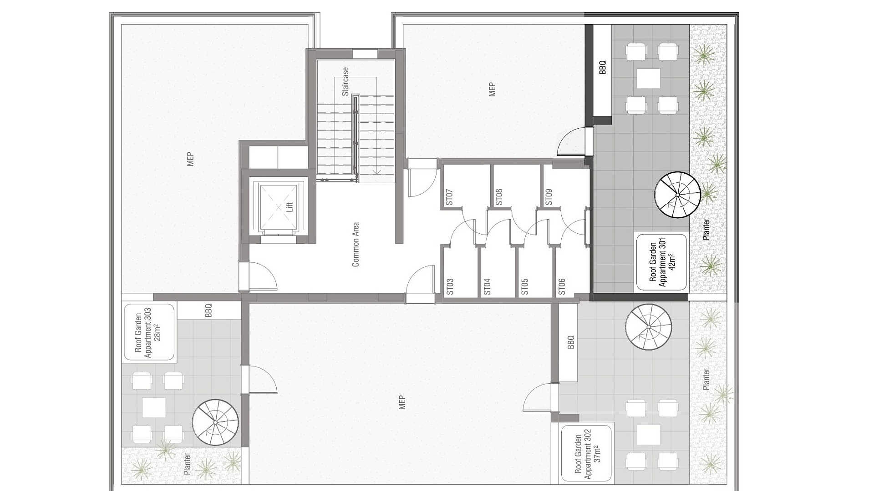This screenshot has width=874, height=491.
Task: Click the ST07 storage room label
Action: coord(449,197)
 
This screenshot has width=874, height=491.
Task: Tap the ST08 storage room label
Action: coord(499,197)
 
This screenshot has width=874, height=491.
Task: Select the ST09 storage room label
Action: coord(549,197)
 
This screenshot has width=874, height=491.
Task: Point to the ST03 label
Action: coord(450,287)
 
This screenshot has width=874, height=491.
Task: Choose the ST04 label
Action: coord(487,287)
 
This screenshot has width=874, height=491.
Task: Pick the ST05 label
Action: coord(524,287)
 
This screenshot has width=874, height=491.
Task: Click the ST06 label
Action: coord(562,287)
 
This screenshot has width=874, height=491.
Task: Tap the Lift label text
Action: coord(290,207)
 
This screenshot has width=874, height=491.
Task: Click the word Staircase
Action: coord(346,81)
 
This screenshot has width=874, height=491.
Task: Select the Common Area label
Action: coord(356,244)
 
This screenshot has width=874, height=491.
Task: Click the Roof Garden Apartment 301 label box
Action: coord(661,262)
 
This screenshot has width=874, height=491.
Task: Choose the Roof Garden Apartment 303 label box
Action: coord(149,333)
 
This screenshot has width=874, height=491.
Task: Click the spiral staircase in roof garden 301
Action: coord(677,195)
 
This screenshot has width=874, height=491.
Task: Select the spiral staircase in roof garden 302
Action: coord(648,327)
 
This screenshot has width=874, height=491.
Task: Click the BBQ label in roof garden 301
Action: coord(603,68)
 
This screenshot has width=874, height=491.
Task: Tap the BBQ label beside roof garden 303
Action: coord(208,311)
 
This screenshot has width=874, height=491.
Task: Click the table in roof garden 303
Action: coord(154,407)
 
